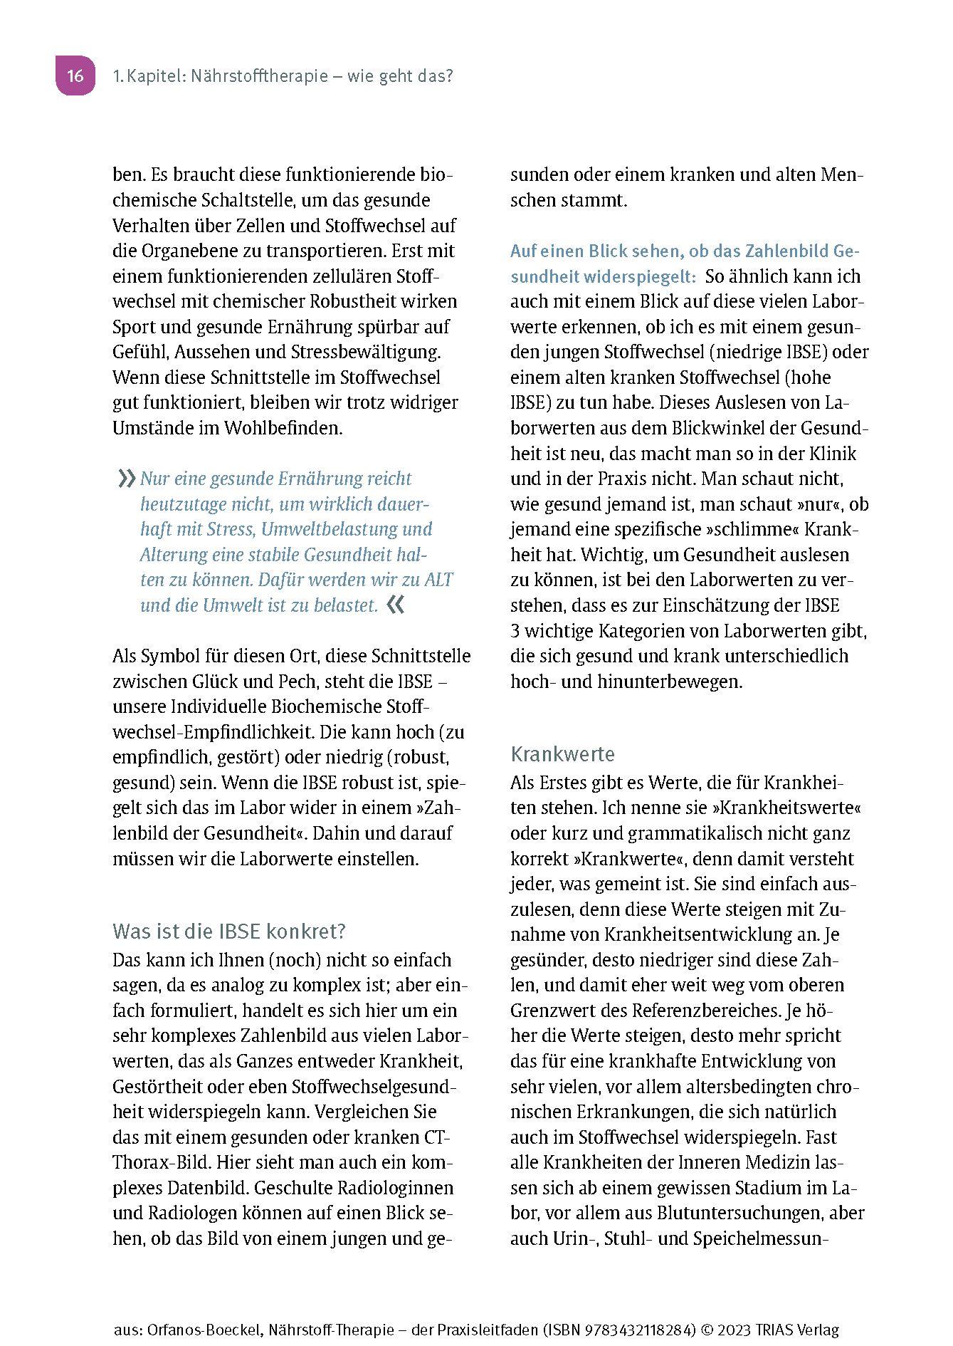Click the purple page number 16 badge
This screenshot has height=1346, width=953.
[75, 75]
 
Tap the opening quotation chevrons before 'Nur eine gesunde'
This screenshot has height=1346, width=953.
[126, 479]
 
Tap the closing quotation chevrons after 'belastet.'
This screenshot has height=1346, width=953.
[395, 605]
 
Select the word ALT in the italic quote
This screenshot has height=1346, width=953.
[438, 580]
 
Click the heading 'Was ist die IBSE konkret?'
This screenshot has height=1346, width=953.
[228, 932]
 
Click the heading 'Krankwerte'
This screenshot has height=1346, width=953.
[562, 754]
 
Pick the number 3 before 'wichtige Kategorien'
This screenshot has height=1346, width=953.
[515, 631]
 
